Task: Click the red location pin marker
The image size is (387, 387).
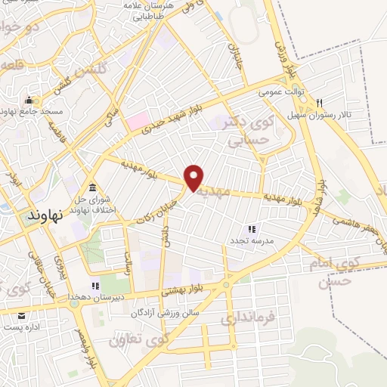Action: [x=194, y=177]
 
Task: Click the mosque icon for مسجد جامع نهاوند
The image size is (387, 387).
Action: [x=29, y=101]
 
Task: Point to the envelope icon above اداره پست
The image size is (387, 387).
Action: [x=21, y=315]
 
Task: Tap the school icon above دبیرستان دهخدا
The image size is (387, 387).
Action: [x=95, y=286]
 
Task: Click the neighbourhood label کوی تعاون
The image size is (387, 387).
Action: [x=137, y=338]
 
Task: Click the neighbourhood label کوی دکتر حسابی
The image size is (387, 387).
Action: [x=249, y=129]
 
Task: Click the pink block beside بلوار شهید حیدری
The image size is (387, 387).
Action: [x=137, y=120]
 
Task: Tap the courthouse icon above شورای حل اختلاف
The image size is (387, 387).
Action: [x=92, y=187]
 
